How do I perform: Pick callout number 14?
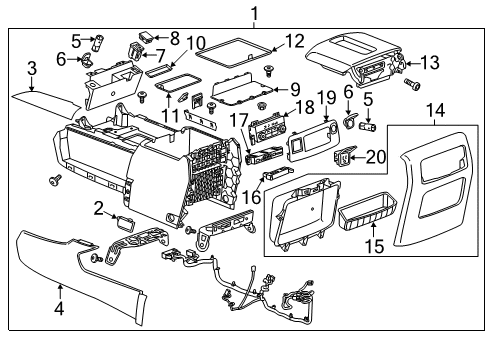[x=432, y=111]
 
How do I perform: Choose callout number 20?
[x=375, y=156]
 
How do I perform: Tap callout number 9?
[x=293, y=88]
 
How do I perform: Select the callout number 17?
[x=238, y=121]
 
